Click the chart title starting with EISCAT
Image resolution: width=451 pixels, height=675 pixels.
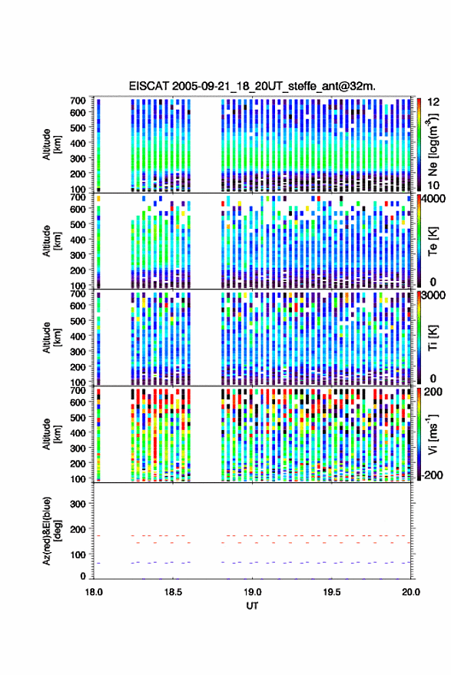[x=252, y=86]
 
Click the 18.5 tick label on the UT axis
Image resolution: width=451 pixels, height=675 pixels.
[x=173, y=592]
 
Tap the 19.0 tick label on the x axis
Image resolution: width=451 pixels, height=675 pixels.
[x=252, y=592]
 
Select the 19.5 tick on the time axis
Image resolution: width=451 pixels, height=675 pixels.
[x=331, y=592]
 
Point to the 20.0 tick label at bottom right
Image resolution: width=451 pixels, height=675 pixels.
[x=411, y=592]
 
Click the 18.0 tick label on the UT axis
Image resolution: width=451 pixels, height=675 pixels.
[x=94, y=592]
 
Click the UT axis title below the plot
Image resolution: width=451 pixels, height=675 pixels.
[x=252, y=606]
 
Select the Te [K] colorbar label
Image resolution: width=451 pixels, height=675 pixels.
[x=433, y=241]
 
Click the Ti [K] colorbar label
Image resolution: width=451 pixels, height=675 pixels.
[x=433, y=338]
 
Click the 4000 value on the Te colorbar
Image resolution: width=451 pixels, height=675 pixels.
[x=434, y=198]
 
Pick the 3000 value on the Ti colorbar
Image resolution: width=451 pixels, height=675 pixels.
[x=434, y=296]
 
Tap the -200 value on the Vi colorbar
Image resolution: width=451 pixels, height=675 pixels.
[x=432, y=475]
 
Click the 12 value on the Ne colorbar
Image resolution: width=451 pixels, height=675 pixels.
[x=434, y=102]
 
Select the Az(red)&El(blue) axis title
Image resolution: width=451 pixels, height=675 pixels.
[x=51, y=531]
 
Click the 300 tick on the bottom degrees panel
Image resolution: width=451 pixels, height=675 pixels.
[x=78, y=504]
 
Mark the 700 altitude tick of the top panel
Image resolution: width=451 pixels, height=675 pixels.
[x=78, y=101]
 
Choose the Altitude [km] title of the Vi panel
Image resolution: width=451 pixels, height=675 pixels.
[x=51, y=434]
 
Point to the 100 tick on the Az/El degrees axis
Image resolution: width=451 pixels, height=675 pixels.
[x=78, y=554]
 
